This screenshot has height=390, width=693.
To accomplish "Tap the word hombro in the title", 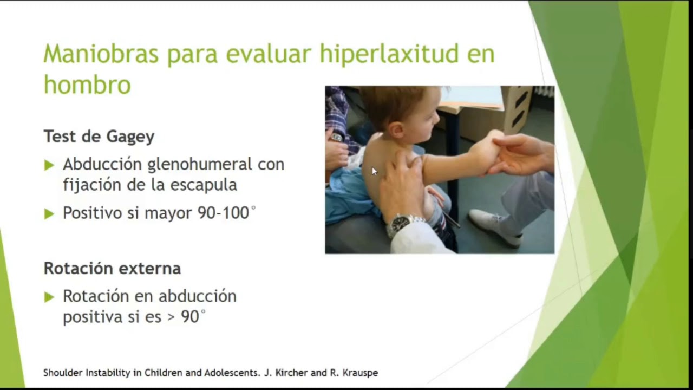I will (87, 84).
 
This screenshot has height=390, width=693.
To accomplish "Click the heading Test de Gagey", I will (99, 136).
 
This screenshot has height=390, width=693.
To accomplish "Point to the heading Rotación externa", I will (112, 268).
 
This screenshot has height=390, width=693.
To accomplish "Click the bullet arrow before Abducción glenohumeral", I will (49, 165).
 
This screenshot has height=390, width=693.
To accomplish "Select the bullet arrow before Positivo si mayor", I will (49, 214).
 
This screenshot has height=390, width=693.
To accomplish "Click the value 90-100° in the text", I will (226, 213).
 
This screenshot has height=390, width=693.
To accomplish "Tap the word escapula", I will (204, 184).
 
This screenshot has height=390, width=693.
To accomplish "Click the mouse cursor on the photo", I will (374, 171).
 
